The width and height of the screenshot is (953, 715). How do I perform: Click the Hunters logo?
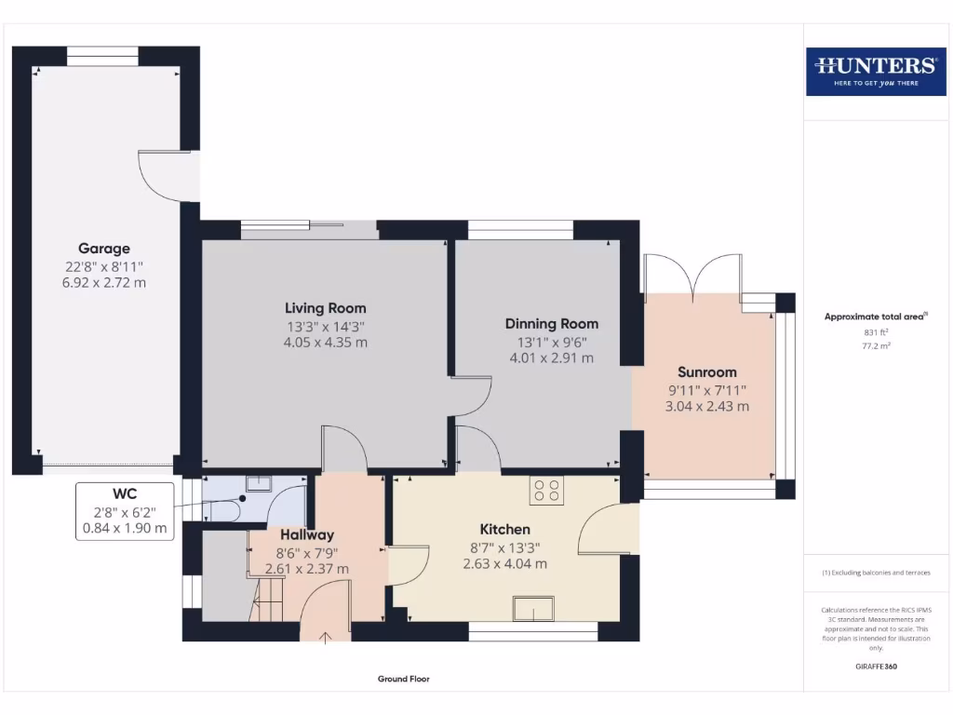point(875,71)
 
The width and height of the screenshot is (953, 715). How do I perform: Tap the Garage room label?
point(104,249)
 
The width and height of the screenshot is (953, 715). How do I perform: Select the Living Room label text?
point(325,308)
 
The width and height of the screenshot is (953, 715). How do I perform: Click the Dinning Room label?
point(551,324)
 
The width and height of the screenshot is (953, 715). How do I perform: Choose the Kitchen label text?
point(504,529)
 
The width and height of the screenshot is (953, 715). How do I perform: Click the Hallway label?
point(307,535)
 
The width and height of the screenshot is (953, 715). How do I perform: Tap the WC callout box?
point(126,510)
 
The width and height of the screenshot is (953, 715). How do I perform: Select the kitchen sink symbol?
point(531,609)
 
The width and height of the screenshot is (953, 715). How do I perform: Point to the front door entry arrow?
point(326,637)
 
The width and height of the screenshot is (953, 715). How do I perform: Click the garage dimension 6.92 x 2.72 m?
point(104,282)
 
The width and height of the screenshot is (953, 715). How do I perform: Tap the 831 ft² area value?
point(876,332)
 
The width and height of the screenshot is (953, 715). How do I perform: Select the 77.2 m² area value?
point(876,344)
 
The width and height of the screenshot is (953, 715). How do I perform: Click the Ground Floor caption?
point(404,680)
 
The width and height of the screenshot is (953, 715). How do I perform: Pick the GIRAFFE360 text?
point(876,667)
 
